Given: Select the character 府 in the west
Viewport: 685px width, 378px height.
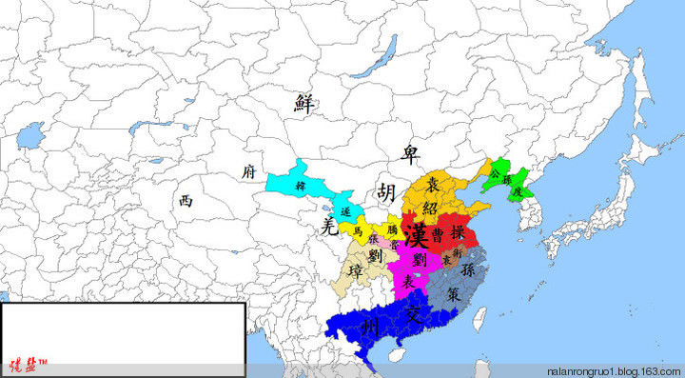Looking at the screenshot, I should (248, 171).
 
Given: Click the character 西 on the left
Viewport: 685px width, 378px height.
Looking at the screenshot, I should (186, 200).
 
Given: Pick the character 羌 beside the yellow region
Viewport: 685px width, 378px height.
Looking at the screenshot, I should (328, 225).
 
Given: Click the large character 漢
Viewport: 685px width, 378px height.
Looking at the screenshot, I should (415, 232).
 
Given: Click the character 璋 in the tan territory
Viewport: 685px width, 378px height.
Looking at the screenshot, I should (357, 275).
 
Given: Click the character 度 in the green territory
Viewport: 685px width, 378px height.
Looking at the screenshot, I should (517, 190).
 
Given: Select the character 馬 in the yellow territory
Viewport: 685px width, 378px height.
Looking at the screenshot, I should (357, 229).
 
